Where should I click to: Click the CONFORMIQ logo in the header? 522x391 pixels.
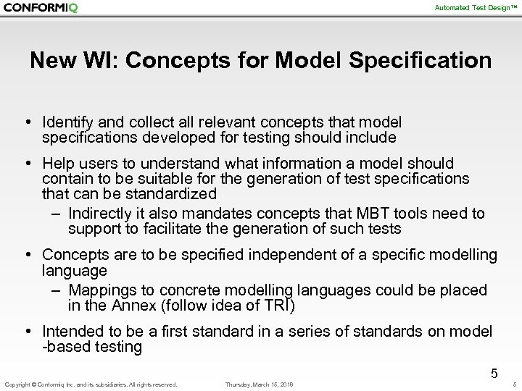tap(41, 8)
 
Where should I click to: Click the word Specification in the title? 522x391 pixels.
tap(420, 60)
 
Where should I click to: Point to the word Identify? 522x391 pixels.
tap(68, 122)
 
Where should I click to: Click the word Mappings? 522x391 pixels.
tap(101, 290)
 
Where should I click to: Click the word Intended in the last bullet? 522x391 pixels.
tap(71, 332)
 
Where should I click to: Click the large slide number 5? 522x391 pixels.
tap(494, 374)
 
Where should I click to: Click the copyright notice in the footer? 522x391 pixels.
tap(91, 384)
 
